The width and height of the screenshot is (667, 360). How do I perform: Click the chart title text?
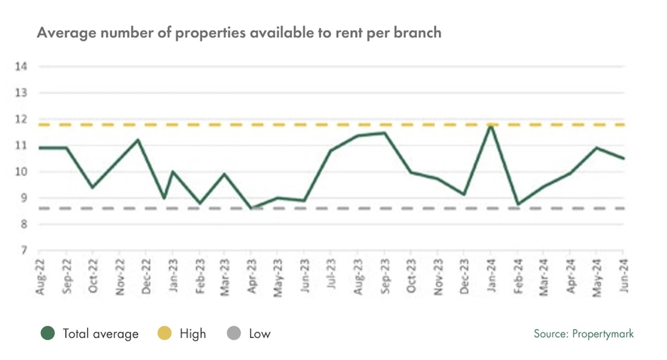tap(239, 33)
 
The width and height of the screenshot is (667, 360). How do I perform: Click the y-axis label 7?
tap(23, 251)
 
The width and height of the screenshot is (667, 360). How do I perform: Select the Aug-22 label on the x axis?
tap(40, 276)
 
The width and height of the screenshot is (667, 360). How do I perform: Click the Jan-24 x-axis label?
tap(491, 276)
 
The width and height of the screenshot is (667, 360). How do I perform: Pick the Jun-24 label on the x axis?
tap(624, 276)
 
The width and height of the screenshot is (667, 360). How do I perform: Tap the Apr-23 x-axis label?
tap(252, 276)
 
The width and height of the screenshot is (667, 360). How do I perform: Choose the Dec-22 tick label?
tap(146, 276)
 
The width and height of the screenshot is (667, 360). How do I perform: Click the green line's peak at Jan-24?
tap(491, 125)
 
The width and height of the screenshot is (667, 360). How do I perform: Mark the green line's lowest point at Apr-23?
tap(252, 208)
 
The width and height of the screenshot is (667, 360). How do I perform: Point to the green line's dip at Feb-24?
tap(518, 204)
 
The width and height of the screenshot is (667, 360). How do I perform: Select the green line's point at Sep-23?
tap(385, 132)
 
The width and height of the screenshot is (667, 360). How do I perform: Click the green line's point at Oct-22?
tap(93, 187)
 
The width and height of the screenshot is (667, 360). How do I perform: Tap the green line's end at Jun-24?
tap(624, 158)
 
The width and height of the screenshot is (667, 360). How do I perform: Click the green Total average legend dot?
tap(48, 333)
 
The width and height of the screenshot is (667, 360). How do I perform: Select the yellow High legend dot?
tap(164, 333)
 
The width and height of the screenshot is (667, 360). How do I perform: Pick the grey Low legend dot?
tap(234, 333)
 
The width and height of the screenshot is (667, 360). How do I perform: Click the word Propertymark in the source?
tap(603, 334)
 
